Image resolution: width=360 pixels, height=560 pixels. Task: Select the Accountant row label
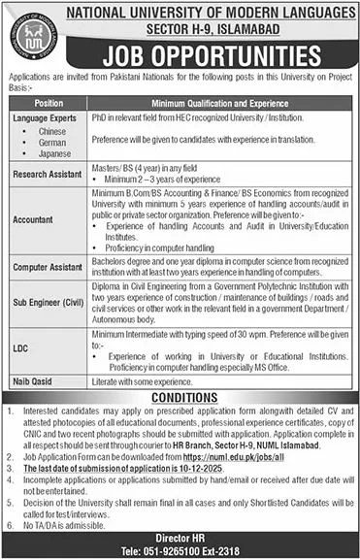point(34,219)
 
